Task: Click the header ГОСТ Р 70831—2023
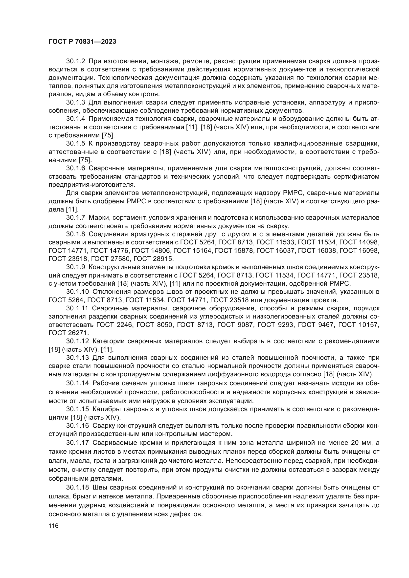point(82,42)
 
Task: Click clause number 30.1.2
point(76,61)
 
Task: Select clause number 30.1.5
point(76,144)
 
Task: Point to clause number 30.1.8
point(76,234)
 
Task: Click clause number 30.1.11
point(77,308)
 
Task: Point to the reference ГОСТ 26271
point(68,333)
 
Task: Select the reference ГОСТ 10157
point(359,325)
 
